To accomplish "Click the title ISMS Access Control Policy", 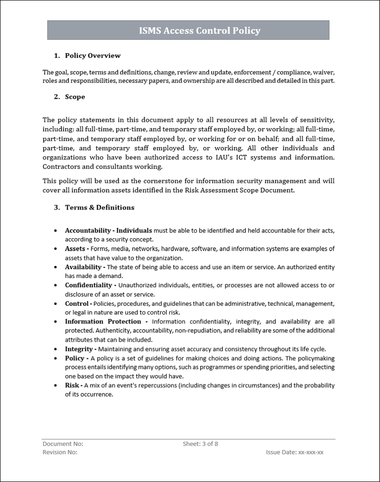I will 199,31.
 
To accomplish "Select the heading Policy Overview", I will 92,55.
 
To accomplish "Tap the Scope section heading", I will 75,97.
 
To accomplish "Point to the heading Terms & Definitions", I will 99,207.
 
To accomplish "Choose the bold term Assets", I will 75,249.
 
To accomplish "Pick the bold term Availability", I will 83,267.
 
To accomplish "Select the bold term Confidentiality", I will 89,285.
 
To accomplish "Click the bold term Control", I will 77,303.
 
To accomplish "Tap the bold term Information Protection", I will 103,322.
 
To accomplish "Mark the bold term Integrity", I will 79,349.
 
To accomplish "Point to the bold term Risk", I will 72,385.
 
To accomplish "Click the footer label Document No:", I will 63,444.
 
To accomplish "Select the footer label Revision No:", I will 60,452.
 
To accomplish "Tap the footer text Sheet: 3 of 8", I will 200,444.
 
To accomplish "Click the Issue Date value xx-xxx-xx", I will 311,452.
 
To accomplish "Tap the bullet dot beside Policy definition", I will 56,358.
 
